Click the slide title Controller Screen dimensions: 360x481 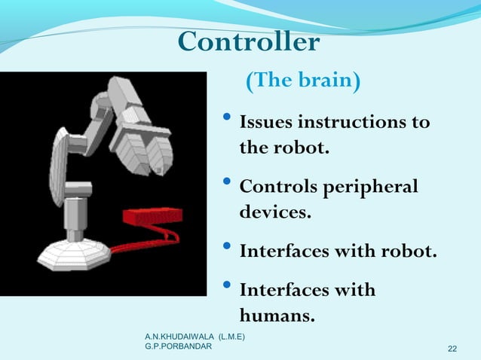coord(249,42)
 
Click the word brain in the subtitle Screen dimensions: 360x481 coord(326,81)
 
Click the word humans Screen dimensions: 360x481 coord(277,315)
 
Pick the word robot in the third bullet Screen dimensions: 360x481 coord(410,251)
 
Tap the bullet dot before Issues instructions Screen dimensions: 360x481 coord(228,121)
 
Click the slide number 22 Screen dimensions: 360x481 coord(452,348)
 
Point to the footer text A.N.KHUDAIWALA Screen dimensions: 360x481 coord(175,334)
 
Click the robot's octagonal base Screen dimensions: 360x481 coord(74,255)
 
